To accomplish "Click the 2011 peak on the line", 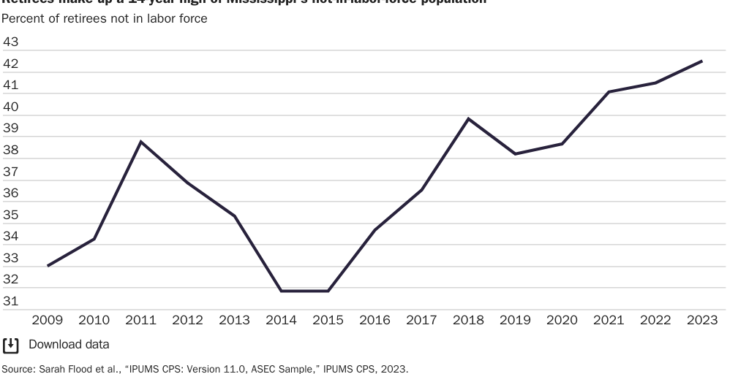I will tap(140, 141).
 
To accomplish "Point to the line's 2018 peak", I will tap(468, 118).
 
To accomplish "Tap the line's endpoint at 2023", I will tap(702, 61).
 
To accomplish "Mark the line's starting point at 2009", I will tap(48, 266).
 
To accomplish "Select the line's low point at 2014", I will tap(282, 291).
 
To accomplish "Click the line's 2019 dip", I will tap(515, 154).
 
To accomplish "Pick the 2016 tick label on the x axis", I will tap(374, 320).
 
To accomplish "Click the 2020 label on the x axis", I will tap(562, 320).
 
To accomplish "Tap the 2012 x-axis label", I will tap(187, 320).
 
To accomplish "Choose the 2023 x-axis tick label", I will tap(702, 320).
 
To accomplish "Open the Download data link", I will tap(69, 344).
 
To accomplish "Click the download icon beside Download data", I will tap(11, 344).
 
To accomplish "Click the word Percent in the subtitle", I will tap(23, 18).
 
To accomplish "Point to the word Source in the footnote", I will tap(16, 369).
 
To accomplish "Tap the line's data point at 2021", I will tap(609, 92).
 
